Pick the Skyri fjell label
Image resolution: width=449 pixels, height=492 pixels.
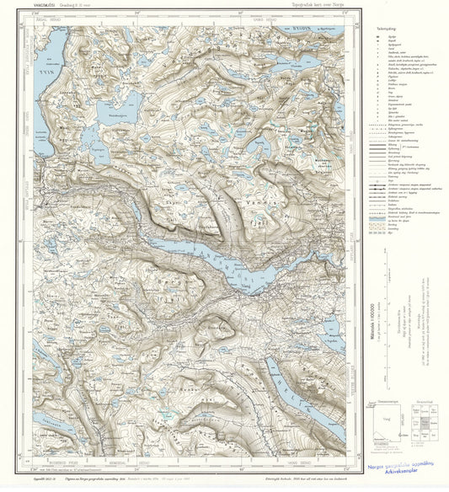pyautogui.click(x=173, y=204)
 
